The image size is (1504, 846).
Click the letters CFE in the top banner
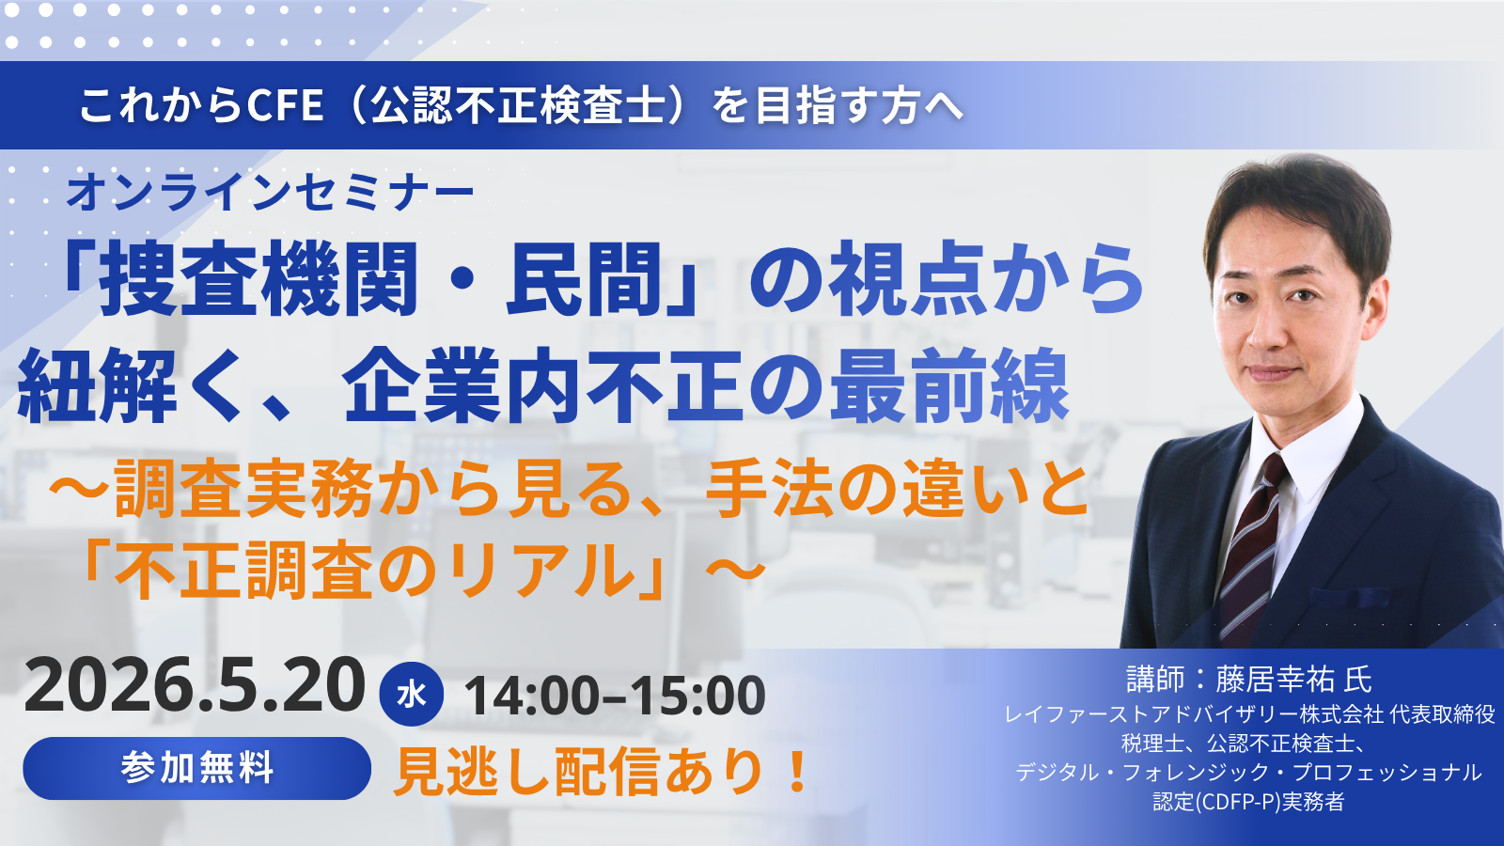tap(285, 105)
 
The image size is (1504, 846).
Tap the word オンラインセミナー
tap(271, 192)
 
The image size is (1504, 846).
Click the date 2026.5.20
tap(195, 686)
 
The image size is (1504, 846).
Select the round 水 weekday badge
tap(411, 695)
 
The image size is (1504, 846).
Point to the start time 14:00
tap(531, 697)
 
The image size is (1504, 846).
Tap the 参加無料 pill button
tap(197, 768)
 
